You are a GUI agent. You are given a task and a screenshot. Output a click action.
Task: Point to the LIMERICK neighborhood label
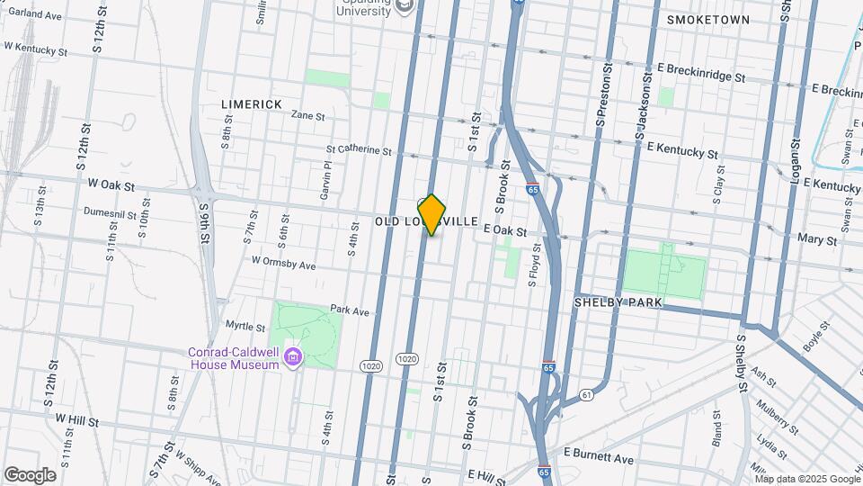pyautogui.click(x=252, y=104)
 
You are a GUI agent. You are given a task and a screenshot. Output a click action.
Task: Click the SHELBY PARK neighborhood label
pyautogui.click(x=618, y=303)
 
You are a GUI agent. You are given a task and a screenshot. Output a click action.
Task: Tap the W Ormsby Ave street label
pyautogui.click(x=284, y=265)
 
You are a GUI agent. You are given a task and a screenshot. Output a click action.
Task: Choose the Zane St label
pyautogui.click(x=307, y=116)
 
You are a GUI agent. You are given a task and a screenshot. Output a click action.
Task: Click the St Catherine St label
pyautogui.click(x=359, y=151)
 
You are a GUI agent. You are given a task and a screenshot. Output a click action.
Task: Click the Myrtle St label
pyautogui.click(x=245, y=327)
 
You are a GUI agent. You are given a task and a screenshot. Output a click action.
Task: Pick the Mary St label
pyautogui.click(x=817, y=240)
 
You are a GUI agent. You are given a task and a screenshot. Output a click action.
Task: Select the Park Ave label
pyautogui.click(x=350, y=311)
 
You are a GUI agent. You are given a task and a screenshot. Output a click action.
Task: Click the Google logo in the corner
pyautogui.click(x=29, y=474)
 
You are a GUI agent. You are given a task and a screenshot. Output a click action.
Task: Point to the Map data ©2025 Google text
pyautogui.click(x=807, y=479)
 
